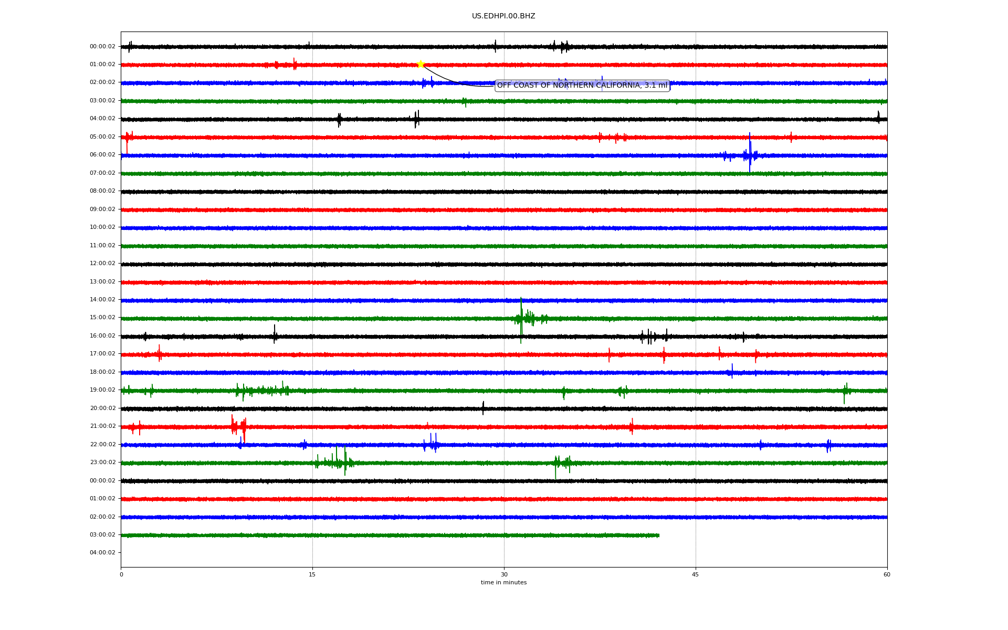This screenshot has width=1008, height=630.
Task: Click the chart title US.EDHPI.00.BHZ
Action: [x=503, y=16]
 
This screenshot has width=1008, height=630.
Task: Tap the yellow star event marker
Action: [x=421, y=65]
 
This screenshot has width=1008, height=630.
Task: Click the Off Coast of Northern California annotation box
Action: [x=582, y=86]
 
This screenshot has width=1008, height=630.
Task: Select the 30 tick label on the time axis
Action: [x=504, y=574]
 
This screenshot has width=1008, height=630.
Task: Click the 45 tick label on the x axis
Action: [x=696, y=574]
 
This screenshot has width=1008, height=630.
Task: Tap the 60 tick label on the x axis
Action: [x=887, y=574]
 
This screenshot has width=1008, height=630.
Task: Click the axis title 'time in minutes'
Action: [x=503, y=583]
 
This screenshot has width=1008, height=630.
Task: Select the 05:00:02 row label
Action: [x=102, y=137]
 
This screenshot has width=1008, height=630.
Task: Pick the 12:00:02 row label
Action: [x=102, y=264]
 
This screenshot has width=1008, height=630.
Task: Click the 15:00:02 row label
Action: [x=102, y=318]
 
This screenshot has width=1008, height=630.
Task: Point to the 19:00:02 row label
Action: [x=102, y=390]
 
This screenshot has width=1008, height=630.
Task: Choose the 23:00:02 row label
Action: [x=102, y=463]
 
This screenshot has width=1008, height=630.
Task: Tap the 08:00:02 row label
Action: [x=102, y=191]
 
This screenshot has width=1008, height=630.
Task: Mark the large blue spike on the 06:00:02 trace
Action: [x=750, y=152]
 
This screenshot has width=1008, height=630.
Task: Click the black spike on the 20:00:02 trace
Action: [x=483, y=408]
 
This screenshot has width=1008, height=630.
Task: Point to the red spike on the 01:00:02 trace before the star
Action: [x=294, y=64]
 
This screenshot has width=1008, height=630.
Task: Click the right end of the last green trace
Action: [x=659, y=535]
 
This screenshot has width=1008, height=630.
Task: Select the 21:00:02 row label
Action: [x=102, y=426]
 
